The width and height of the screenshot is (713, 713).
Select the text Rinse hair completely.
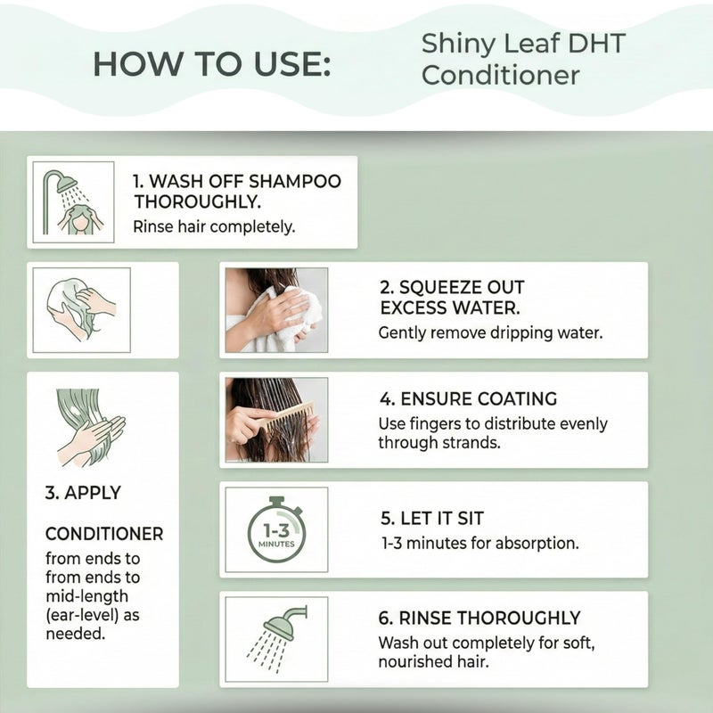click(214, 226)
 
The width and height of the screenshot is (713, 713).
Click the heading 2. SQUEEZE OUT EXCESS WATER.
click(452, 298)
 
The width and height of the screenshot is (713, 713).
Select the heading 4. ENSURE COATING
click(468, 398)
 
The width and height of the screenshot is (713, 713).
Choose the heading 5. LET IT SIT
click(432, 517)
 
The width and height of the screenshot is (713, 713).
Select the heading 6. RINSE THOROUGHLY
click(479, 618)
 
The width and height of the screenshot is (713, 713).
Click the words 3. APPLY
click(83, 492)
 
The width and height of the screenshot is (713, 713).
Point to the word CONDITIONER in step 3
click(104, 534)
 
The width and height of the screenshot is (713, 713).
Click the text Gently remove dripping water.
click(490, 333)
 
